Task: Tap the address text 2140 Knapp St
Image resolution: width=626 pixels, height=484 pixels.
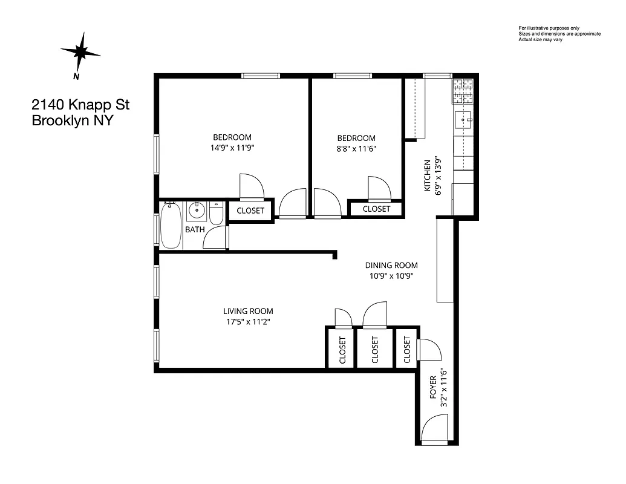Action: tap(80, 105)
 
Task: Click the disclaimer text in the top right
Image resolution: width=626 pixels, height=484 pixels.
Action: tap(559, 34)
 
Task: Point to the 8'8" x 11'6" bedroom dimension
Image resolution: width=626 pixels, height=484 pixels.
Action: tap(356, 148)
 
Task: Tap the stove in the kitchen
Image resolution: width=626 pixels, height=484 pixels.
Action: tap(463, 92)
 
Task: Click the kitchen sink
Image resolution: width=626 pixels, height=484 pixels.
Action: tap(465, 120)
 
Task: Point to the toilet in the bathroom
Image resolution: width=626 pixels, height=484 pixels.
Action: tap(217, 214)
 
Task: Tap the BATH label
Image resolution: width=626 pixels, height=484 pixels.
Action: tap(195, 230)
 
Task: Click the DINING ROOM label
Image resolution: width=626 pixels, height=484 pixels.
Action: tap(391, 265)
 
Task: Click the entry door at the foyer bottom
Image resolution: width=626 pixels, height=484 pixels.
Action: tap(434, 432)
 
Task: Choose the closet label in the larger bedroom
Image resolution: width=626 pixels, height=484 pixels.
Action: tap(250, 211)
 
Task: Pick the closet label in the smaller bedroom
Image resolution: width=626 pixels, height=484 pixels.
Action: tap(376, 209)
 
